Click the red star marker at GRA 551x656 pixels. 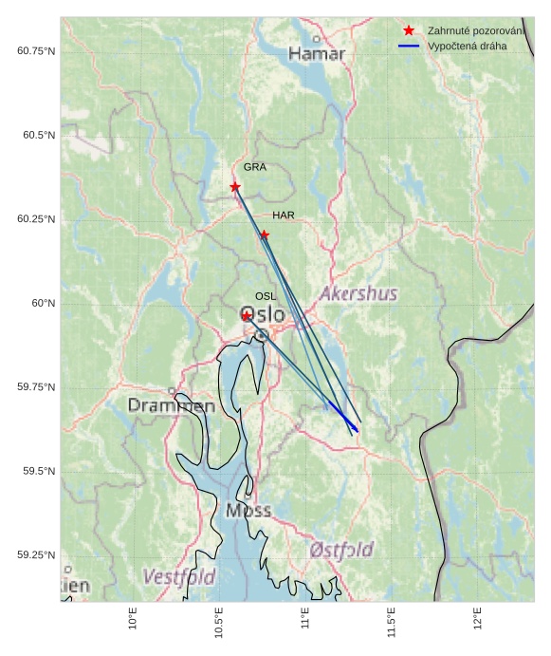click(235, 187)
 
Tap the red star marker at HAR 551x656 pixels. click(265, 234)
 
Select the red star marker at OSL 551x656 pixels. click(247, 316)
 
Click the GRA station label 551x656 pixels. click(254, 167)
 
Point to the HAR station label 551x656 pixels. click(284, 216)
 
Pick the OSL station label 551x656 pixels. click(266, 297)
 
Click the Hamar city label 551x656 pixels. click(317, 54)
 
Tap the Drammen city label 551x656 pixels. click(172, 406)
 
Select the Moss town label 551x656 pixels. click(248, 511)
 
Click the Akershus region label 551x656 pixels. click(358, 294)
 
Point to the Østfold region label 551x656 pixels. click(341, 550)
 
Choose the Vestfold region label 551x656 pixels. click(179, 576)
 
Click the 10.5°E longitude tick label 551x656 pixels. click(219, 623)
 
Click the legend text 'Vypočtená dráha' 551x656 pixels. click(468, 46)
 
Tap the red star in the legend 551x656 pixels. click(409, 30)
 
